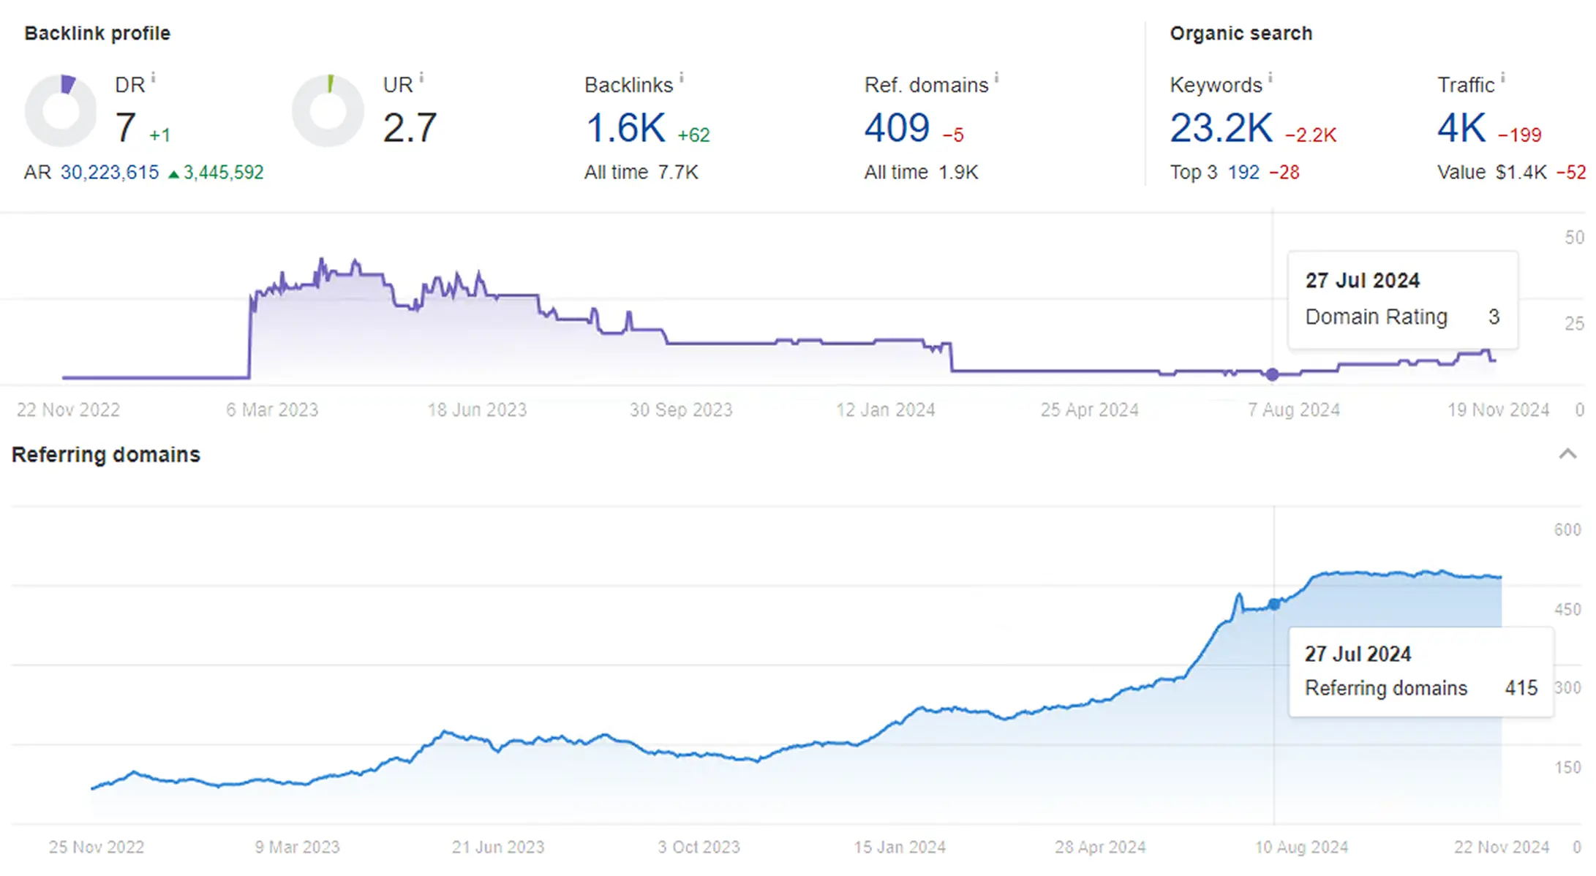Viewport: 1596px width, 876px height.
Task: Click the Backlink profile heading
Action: (97, 34)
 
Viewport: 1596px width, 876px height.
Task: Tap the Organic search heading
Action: (1241, 34)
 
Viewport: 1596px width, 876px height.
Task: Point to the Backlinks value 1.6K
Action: (625, 128)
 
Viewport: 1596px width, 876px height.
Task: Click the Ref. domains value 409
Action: (897, 128)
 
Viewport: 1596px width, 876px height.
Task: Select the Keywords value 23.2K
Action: (1221, 128)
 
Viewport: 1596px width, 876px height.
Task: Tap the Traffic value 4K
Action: (1461, 128)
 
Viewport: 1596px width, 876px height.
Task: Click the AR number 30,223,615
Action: (110, 173)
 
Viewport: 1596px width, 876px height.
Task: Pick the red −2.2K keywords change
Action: (1311, 135)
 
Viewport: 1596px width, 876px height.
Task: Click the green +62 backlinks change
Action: (693, 135)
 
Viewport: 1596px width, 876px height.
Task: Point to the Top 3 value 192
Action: (1243, 173)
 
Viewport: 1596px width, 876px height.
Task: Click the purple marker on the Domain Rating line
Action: (1273, 374)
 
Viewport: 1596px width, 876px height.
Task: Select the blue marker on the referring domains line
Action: (1274, 604)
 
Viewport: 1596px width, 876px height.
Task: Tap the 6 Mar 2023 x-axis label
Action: (272, 410)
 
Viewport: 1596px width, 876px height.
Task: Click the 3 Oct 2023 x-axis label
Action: (699, 847)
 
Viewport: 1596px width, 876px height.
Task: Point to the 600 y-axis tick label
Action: (1567, 530)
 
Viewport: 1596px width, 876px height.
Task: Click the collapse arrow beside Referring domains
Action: (1567, 454)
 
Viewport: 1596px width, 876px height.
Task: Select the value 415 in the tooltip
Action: (1521, 688)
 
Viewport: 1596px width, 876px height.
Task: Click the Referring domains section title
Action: (106, 455)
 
